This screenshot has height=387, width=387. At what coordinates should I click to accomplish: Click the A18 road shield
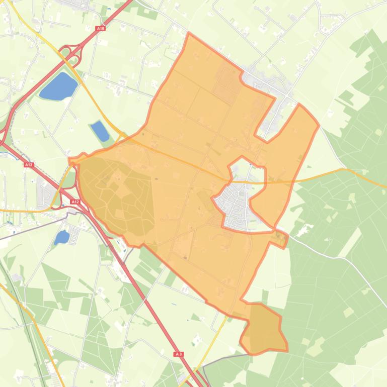tap(100, 29)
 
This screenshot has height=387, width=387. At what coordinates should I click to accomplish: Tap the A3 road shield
tap(179, 354)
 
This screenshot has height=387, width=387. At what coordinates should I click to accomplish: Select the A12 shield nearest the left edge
tap(29, 164)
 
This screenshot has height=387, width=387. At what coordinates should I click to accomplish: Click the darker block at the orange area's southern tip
tap(264, 328)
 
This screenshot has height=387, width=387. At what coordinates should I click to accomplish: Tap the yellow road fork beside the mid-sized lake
tap(120, 134)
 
